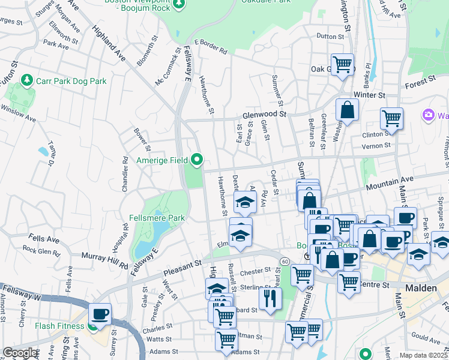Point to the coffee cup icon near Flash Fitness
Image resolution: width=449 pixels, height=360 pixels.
(100, 314)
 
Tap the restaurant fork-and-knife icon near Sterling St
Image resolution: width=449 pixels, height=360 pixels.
(270, 298)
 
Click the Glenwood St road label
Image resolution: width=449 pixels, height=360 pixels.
(265, 114)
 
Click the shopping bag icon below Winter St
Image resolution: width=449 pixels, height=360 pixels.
(347, 110)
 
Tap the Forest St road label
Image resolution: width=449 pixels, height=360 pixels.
(420, 80)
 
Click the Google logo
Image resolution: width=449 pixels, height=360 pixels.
(20, 353)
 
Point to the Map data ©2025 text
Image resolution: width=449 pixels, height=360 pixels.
(423, 355)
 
